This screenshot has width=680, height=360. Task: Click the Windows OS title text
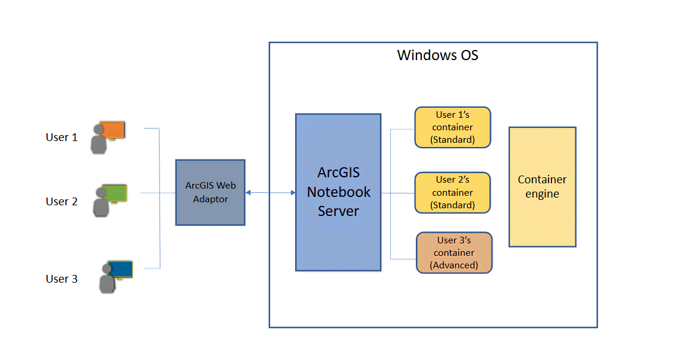coord(437,56)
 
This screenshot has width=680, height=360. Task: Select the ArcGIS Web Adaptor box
coord(210,192)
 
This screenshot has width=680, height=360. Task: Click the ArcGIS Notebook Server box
coord(338,192)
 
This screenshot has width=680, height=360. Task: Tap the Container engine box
coord(542,187)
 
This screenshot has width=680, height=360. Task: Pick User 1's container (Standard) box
coord(452,127)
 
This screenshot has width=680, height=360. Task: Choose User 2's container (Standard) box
coord(452,192)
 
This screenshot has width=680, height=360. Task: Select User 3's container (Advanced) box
coord(454,252)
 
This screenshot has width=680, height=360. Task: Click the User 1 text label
coord(61,137)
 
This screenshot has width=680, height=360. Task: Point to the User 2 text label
coord(61,202)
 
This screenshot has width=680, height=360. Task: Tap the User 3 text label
coord(61,279)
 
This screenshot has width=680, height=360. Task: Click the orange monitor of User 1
coord(112,129)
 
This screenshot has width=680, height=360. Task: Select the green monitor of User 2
coord(115,193)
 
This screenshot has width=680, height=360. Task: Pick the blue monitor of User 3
coord(120,270)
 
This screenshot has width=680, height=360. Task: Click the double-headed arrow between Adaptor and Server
coord(270,192)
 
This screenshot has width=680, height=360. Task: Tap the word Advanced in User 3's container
coord(455,265)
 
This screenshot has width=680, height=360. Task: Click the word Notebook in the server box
coord(339,192)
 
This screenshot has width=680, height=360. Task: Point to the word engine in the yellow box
coord(542,194)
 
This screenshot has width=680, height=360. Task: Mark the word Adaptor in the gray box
coord(210,199)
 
